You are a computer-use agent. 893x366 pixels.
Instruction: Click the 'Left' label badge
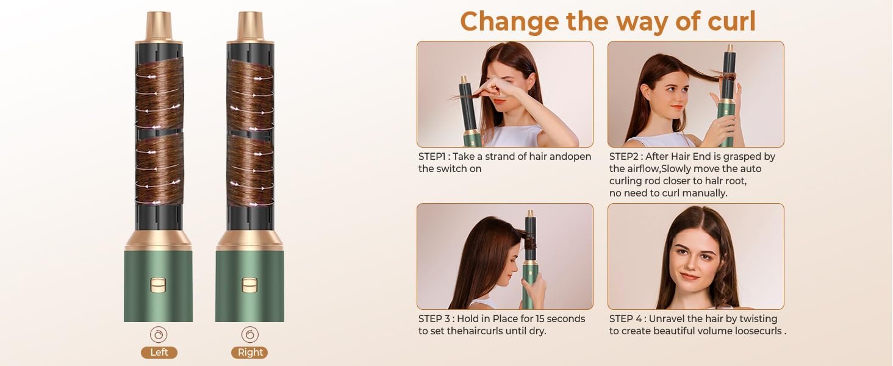(x=159, y=353)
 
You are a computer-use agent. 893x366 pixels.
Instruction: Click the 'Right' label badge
(x=249, y=353)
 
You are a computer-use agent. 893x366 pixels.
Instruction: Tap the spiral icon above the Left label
(x=159, y=334)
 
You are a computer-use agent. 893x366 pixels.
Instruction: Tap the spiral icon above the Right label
(x=249, y=334)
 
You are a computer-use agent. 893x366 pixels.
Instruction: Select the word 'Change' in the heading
(x=509, y=21)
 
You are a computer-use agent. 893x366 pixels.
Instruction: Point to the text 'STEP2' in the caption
(x=625, y=157)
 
